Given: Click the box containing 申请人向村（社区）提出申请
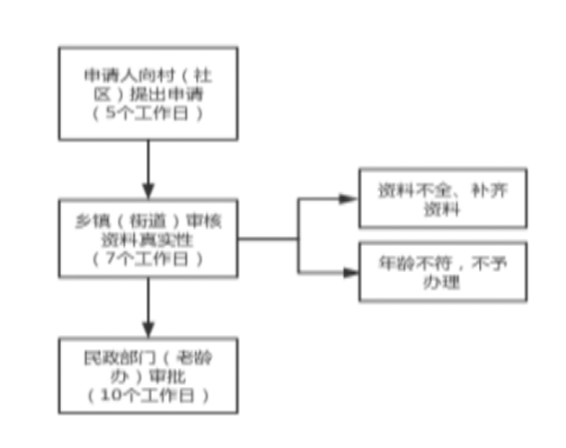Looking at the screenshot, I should (148, 92).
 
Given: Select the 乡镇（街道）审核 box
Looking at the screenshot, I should (148, 238).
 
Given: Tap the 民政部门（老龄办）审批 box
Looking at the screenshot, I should (148, 375).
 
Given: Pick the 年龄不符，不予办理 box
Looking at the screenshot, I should (442, 271).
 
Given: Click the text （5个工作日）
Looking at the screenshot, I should (148, 114).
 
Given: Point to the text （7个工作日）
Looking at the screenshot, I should (148, 259).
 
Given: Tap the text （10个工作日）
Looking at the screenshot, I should (148, 395).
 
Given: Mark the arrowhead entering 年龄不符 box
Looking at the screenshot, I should (349, 272).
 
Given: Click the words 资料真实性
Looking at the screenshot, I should (148, 239).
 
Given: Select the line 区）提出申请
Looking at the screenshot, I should (148, 94).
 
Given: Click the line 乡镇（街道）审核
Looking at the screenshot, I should (148, 219).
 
